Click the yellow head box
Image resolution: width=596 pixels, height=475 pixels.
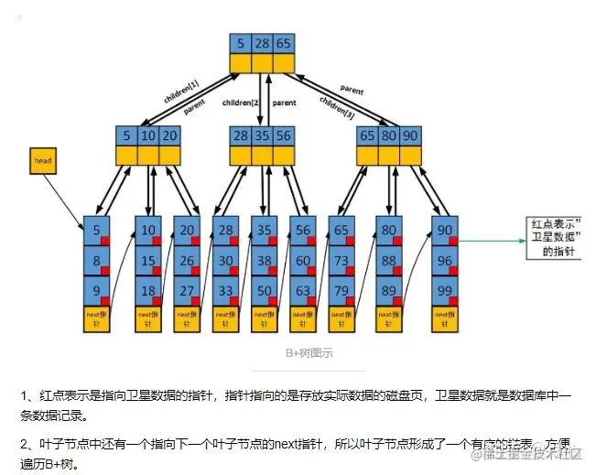coord(42,161)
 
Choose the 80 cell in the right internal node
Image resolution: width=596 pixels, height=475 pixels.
coord(389,136)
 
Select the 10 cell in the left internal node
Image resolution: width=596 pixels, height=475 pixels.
coord(149,136)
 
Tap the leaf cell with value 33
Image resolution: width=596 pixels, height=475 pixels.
coord(225,290)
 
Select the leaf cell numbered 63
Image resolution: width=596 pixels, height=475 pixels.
coord(302,290)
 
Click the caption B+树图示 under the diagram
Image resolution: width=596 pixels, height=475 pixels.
coord(298,353)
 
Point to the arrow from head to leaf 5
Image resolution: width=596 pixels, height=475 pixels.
coord(70,200)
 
